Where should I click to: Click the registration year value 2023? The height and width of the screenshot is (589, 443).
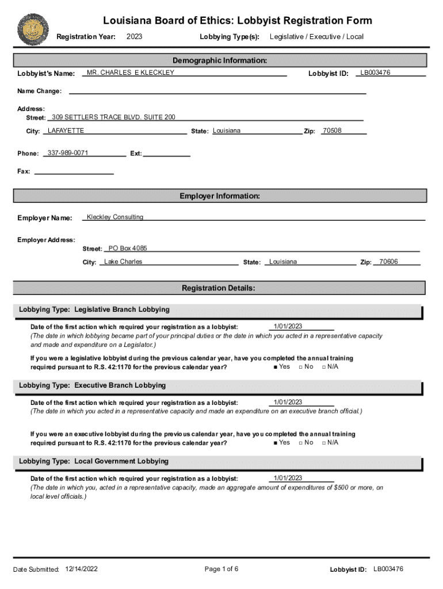(134, 37)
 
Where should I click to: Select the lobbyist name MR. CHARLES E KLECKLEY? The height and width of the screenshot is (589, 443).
(130, 73)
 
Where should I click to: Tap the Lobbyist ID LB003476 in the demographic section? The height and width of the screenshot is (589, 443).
(375, 73)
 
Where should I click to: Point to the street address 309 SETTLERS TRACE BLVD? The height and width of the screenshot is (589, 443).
(113, 117)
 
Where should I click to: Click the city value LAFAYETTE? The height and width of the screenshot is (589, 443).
(66, 131)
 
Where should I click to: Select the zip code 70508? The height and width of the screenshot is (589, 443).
(332, 131)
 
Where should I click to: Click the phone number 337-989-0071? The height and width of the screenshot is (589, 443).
(68, 153)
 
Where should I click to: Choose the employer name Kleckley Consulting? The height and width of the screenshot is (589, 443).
(114, 217)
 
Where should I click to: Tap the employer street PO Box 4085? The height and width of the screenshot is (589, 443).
(128, 248)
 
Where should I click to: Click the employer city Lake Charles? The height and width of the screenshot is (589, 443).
(123, 262)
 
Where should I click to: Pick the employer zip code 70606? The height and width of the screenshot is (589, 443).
(388, 262)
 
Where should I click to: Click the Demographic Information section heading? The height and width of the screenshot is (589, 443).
(220, 60)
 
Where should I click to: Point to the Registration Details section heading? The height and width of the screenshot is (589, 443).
(219, 288)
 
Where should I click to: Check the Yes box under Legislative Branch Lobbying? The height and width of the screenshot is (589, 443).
(276, 367)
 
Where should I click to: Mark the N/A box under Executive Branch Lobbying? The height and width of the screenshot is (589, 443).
(324, 443)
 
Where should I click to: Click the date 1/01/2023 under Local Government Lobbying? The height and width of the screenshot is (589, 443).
(288, 479)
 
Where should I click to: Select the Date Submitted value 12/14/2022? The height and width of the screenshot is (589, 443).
(82, 569)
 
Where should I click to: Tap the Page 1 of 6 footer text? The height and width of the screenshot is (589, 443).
(221, 569)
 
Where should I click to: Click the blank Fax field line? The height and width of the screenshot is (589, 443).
(74, 172)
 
